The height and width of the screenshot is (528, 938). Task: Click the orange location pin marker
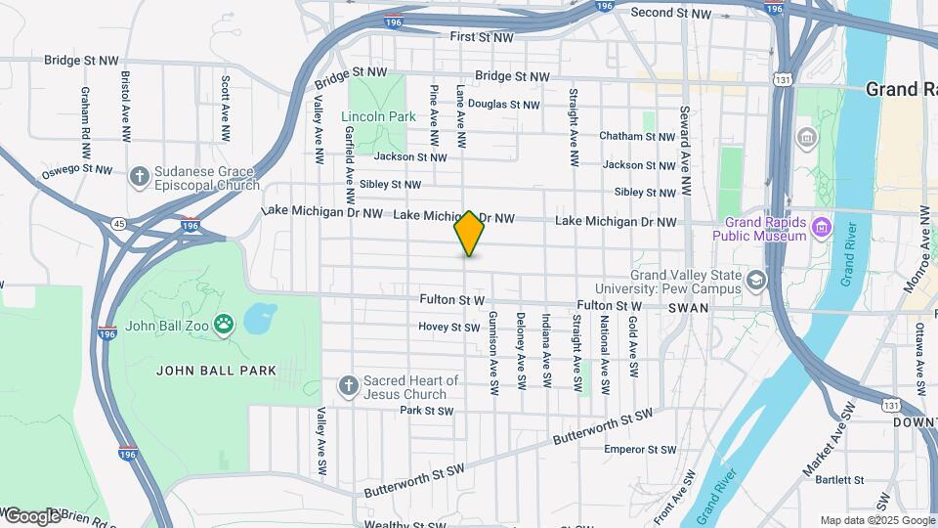(469, 233)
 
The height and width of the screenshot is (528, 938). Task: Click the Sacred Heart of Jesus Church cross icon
(347, 386)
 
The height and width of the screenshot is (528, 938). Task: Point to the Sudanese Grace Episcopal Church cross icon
(140, 176)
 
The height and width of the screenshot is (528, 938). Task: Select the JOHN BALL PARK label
(217, 371)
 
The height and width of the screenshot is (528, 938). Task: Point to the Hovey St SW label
(448, 327)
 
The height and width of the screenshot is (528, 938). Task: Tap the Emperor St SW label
(640, 450)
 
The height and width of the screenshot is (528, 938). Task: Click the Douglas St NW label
(503, 105)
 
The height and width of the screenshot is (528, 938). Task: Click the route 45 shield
(118, 223)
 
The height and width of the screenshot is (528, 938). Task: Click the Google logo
(32, 515)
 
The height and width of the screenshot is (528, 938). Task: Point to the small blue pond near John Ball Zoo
(259, 317)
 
